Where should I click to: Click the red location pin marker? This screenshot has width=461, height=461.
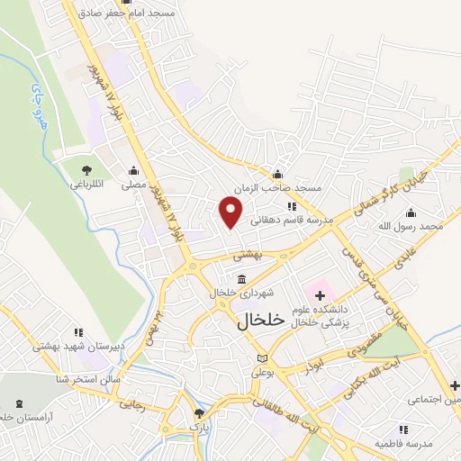(x=231, y=212)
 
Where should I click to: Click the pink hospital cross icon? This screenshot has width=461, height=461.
(x=320, y=295)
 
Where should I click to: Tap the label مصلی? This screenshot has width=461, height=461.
(x=134, y=185)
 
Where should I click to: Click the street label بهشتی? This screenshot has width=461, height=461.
(x=247, y=255)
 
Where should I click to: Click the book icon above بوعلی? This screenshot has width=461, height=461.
(x=262, y=358)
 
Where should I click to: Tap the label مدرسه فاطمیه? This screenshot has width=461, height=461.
(x=403, y=444)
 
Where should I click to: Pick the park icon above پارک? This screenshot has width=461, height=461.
(x=200, y=413)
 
